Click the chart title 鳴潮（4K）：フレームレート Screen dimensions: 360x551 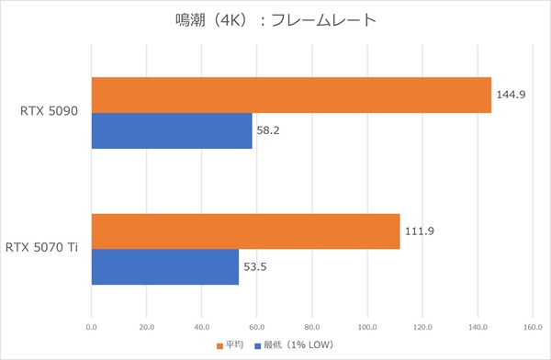[275, 20]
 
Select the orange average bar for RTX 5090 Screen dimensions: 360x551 [291, 95]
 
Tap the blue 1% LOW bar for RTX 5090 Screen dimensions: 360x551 [172, 130]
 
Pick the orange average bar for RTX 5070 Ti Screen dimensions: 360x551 [245, 231]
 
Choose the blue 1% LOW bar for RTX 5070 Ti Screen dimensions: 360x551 [165, 266]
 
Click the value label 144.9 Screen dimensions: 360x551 [510, 95]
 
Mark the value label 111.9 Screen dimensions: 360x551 [418, 231]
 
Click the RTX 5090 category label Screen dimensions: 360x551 [50, 112]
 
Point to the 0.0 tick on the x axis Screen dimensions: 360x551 [92, 325]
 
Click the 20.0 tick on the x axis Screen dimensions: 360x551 [147, 325]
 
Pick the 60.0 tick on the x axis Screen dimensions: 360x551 [257, 325]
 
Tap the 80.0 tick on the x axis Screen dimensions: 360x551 [312, 325]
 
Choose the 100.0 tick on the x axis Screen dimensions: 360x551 [367, 325]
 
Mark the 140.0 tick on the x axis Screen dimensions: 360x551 [478, 325]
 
